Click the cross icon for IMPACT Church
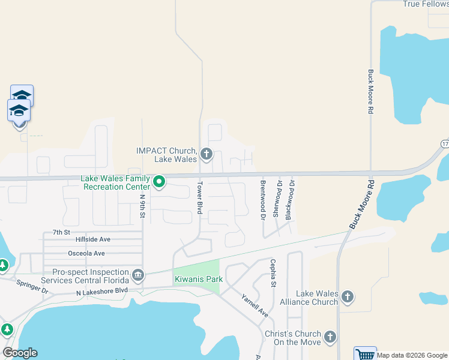pos(206,154)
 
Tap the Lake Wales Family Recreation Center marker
pos(159,181)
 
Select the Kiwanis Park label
pos(199,279)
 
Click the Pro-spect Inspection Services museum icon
pos(138,275)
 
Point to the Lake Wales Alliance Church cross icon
pos(348,296)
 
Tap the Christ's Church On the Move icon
pos(330,337)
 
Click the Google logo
pos(20,353)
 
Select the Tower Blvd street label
pos(200,197)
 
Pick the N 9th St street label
pos(143,206)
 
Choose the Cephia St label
pos(273,273)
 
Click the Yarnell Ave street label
pos(255,305)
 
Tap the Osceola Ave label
pos(86,253)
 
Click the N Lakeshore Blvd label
pos(102,292)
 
